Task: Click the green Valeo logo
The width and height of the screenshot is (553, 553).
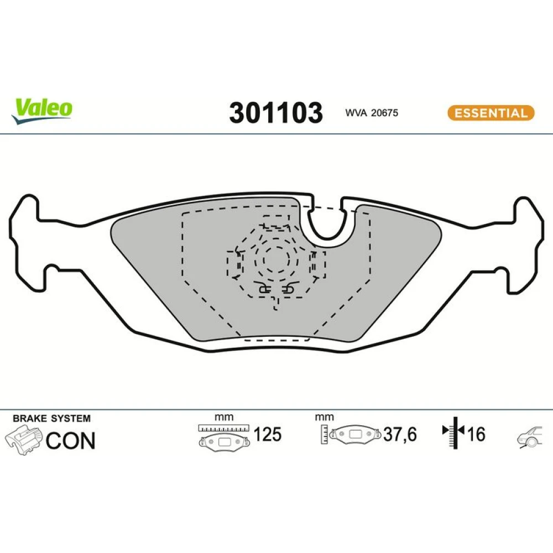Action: (x=42, y=111)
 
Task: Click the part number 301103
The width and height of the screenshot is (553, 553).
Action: (x=276, y=113)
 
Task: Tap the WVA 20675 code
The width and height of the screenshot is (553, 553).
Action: (x=372, y=113)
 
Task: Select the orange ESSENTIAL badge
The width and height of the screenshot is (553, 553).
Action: (x=491, y=113)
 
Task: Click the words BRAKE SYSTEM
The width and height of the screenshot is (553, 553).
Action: (x=51, y=418)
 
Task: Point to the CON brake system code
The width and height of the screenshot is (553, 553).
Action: (x=71, y=441)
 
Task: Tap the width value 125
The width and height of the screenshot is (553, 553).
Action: (x=267, y=434)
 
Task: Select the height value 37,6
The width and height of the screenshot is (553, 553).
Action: (x=400, y=434)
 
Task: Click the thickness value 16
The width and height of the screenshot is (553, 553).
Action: (x=476, y=434)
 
